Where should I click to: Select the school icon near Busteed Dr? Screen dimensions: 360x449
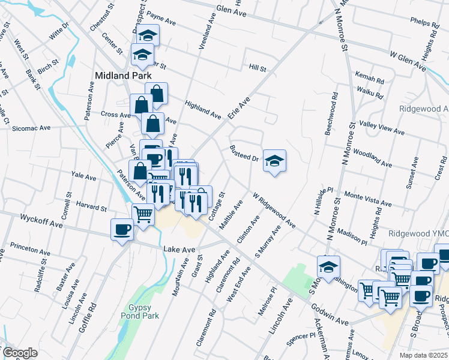coord(274,161)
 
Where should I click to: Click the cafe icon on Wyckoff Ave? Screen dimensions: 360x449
coord(122,229)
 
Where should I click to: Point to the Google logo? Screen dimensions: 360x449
coord(20,353)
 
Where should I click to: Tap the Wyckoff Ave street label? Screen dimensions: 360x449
coord(41,220)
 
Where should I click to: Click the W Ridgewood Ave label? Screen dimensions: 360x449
coord(274,210)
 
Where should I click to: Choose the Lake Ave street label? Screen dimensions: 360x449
coord(179,248)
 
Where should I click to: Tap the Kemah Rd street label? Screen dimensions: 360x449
coord(369,79)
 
